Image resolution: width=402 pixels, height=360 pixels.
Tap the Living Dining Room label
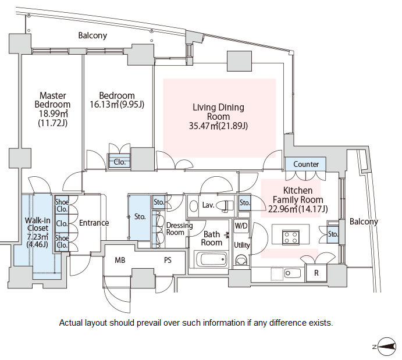coord(218,116)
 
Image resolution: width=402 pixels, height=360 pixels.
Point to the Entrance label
coord(94,223)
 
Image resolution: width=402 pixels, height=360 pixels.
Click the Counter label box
coord(306,165)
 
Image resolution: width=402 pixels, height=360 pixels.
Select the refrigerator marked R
coord(316,272)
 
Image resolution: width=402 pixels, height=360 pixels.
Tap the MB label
coord(120,260)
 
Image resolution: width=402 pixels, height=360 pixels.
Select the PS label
coord(168,260)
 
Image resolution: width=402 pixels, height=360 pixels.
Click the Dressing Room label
coord(175,229)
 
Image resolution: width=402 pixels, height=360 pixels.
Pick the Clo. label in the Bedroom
coord(120,162)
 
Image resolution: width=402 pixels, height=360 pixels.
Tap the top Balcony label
coord(93,35)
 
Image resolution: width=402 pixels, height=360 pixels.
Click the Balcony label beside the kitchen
coord(364,222)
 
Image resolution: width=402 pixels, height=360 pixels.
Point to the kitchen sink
coord(291,273)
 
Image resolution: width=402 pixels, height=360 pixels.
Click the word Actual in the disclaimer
coord(72,322)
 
